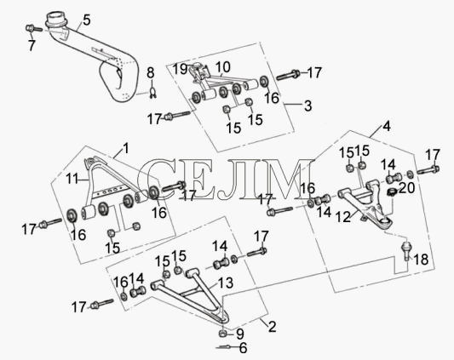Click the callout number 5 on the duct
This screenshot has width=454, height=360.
(x=86, y=20)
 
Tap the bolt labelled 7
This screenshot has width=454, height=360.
(x=34, y=28)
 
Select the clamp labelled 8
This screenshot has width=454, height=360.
(x=152, y=92)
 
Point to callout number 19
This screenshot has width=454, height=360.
(x=180, y=70)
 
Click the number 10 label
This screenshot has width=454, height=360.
(x=222, y=67)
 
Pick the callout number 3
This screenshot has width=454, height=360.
(x=307, y=106)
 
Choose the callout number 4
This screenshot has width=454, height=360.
(x=387, y=127)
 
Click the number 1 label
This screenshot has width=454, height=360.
(x=125, y=148)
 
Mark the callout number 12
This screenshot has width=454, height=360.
(x=343, y=217)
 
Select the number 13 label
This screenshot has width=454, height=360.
(x=226, y=283)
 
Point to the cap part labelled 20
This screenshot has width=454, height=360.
(x=392, y=191)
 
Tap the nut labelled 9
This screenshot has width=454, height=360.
(x=222, y=334)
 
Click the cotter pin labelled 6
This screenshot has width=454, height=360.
(x=223, y=347)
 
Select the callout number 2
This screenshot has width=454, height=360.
(x=272, y=326)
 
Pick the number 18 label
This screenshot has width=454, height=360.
(x=421, y=260)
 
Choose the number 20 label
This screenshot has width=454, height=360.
(x=407, y=188)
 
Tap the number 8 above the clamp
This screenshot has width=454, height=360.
(x=151, y=73)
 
